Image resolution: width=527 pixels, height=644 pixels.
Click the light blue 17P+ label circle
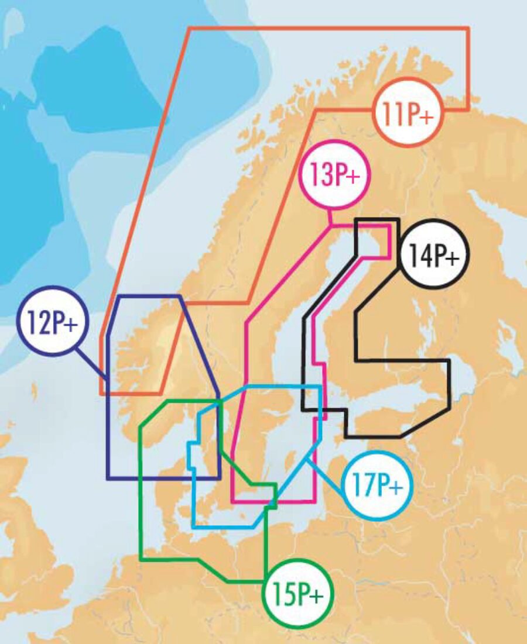click(x=378, y=485)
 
